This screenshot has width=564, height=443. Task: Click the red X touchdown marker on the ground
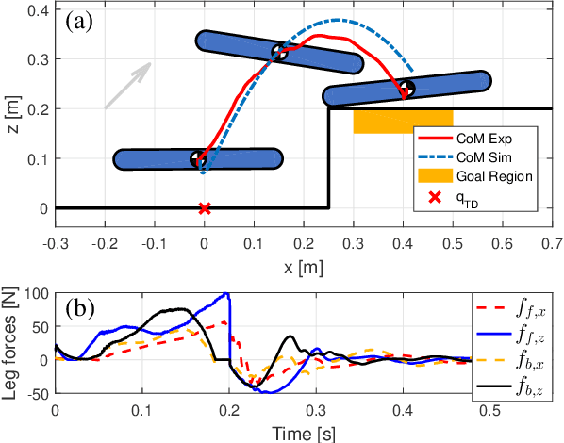point(204,207)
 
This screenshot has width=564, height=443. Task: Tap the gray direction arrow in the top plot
point(126,85)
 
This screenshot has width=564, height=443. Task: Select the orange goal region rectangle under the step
point(403,121)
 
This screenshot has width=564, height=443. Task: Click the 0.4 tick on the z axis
point(36,10)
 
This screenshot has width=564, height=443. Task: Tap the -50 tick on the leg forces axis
point(36,393)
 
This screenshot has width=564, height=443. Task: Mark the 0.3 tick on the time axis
point(316,411)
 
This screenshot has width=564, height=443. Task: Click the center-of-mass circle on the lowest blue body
point(198,158)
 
